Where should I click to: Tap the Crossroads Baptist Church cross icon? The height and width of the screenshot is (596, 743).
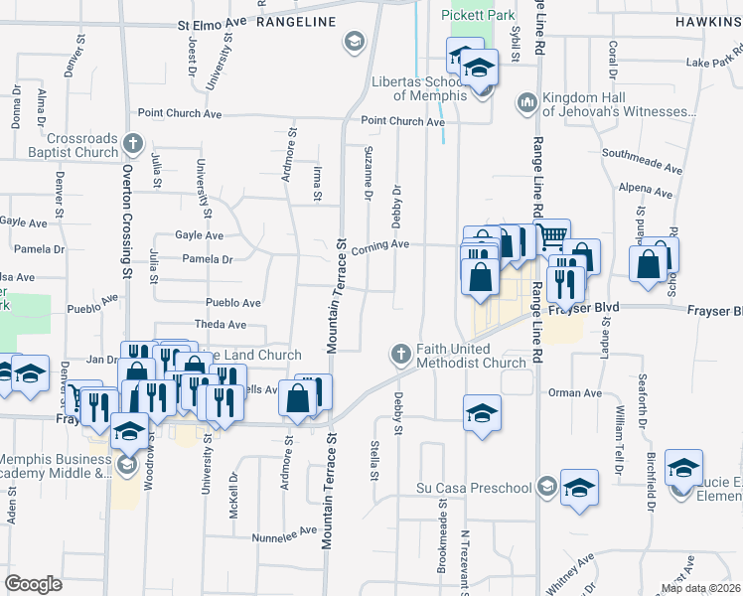click(132, 146)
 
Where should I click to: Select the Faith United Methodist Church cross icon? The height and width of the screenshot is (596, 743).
click(400, 355)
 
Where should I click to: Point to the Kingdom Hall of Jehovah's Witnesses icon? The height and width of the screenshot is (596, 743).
click(526, 101)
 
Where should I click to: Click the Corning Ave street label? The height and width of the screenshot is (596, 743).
click(379, 243)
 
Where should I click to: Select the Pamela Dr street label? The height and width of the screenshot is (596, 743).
click(208, 259)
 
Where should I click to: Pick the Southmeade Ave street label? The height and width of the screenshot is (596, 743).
click(642, 155)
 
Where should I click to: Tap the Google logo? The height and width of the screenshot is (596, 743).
click(34, 584)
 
